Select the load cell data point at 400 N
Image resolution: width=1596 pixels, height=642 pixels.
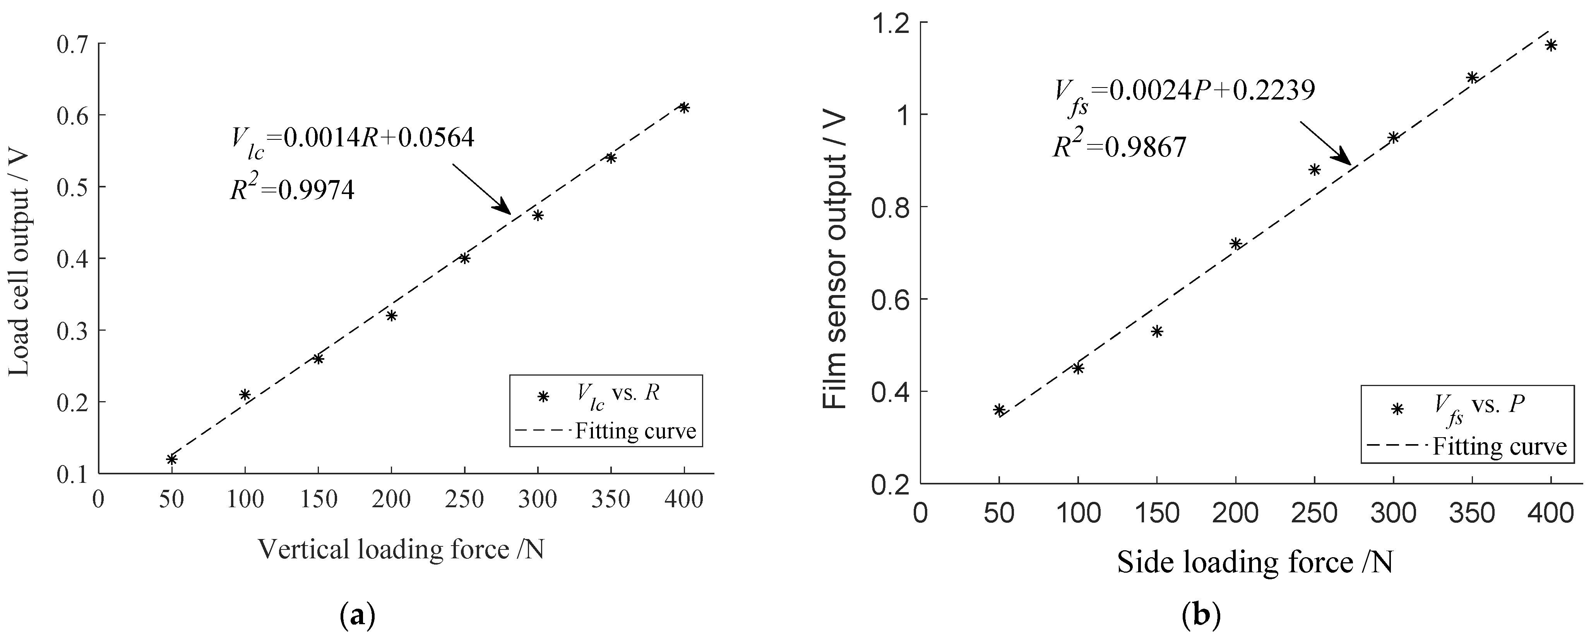684,107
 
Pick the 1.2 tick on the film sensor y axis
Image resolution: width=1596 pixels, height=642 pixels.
892,23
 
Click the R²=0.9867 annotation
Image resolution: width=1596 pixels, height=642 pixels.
1120,148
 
